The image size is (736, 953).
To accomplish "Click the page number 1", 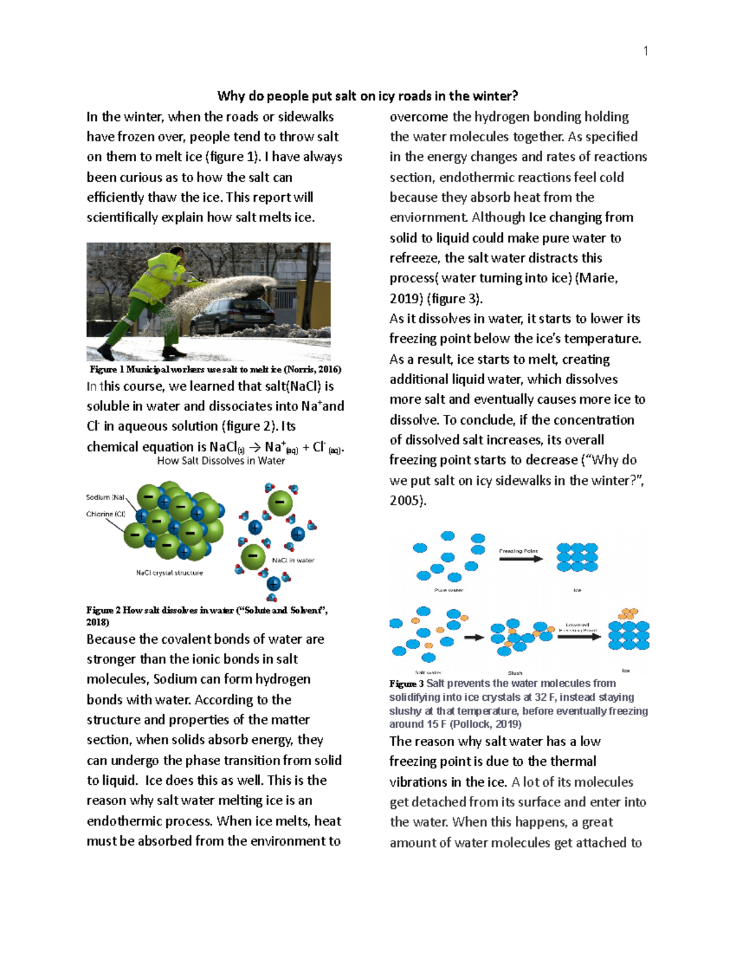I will click(x=645, y=52).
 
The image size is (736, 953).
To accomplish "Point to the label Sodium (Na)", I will click(x=105, y=498).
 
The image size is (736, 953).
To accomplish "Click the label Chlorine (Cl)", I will click(x=105, y=514).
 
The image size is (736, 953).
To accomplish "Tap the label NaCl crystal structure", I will click(x=169, y=573).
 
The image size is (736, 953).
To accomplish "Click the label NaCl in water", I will click(x=293, y=560).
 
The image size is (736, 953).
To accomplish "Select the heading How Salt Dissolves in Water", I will click(x=221, y=461).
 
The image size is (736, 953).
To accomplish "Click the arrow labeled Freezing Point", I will click(x=519, y=558).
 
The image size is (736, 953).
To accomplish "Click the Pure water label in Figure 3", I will click(x=448, y=590).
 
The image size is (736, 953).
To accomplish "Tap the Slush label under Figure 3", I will click(x=515, y=673).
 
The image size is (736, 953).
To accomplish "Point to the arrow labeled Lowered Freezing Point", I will click(x=578, y=636).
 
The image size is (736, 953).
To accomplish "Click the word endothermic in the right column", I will click(x=474, y=177).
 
